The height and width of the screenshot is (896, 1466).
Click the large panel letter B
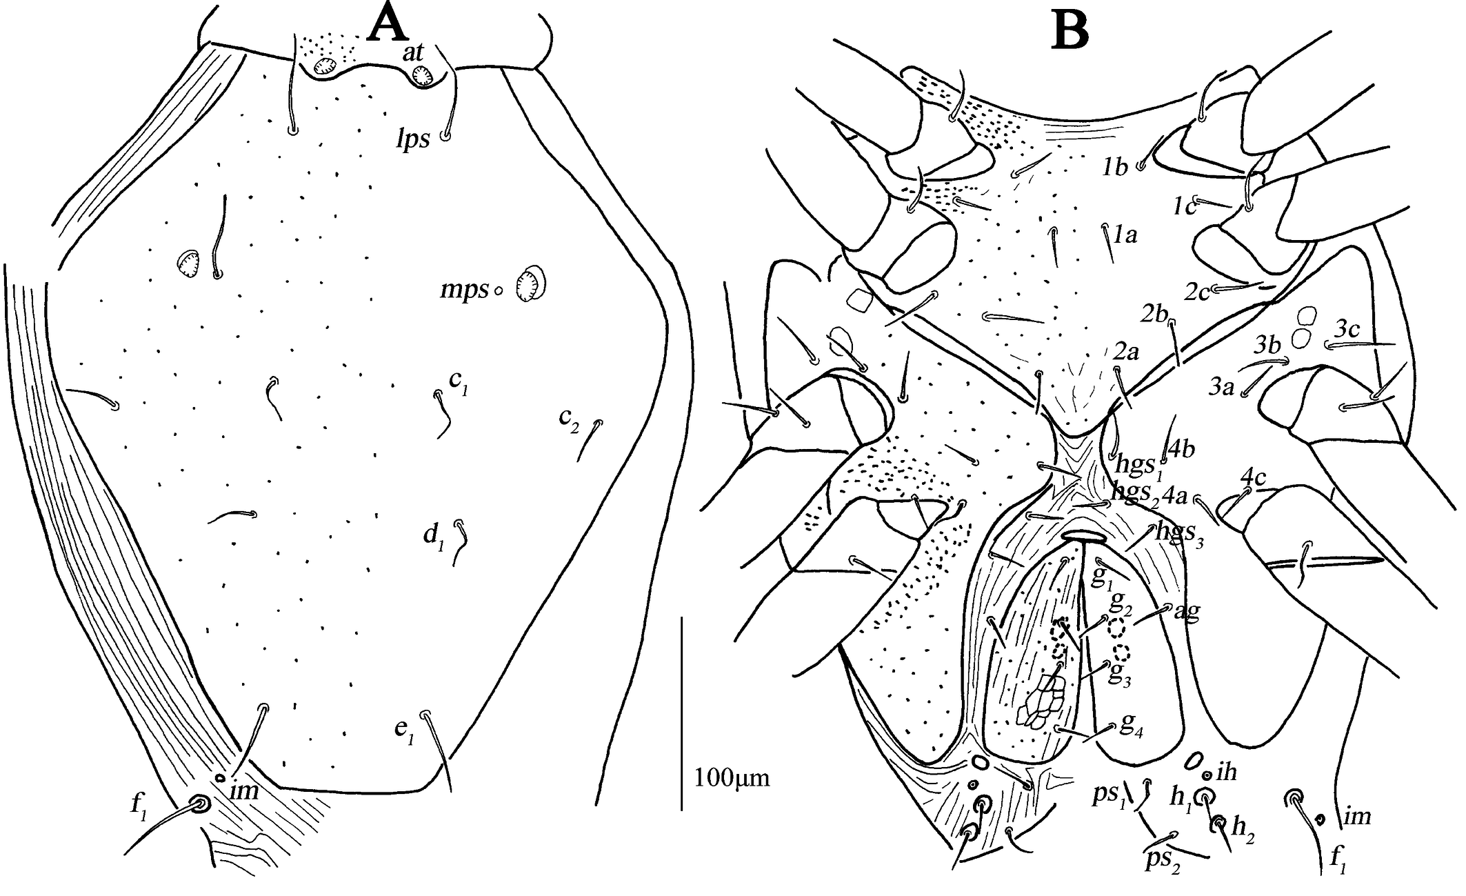1070,31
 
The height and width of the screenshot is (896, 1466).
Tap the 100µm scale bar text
732,778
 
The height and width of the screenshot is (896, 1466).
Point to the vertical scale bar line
682,714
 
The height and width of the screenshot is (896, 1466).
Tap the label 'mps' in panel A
464,291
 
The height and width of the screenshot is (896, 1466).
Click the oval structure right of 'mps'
531,283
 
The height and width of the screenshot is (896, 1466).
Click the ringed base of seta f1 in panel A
201,804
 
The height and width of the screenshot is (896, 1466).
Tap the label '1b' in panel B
1114,167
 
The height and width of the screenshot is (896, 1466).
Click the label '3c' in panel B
1347,330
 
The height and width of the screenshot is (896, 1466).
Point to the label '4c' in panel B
1253,477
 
